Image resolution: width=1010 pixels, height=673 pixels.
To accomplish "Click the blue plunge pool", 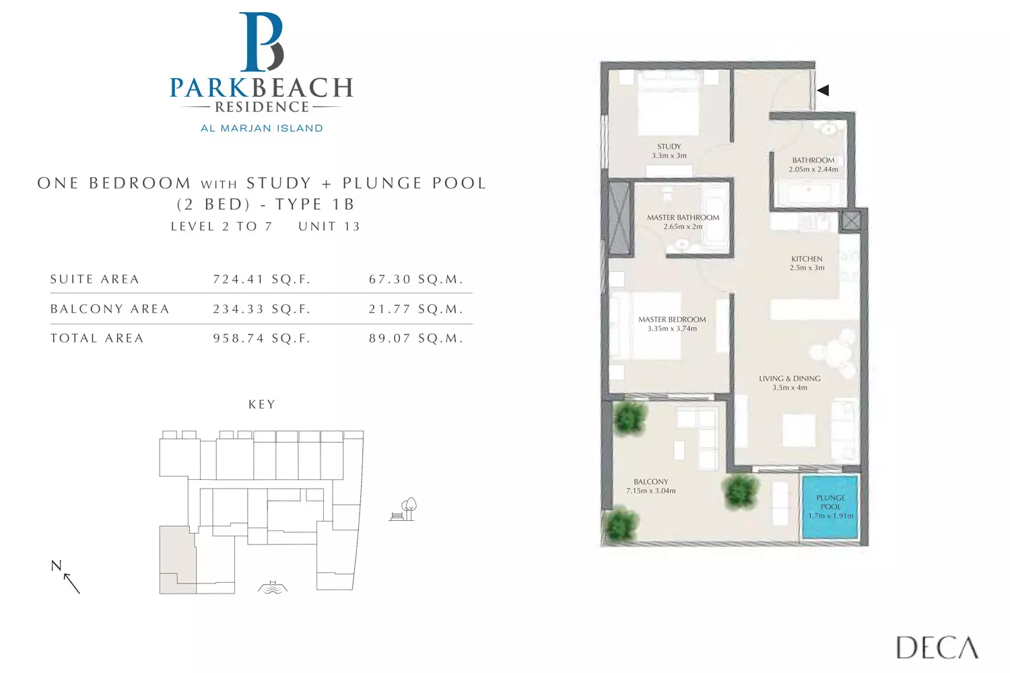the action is click(x=830, y=507).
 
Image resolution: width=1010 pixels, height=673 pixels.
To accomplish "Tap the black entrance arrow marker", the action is click(x=823, y=90).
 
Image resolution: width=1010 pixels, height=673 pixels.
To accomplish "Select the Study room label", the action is click(x=669, y=147).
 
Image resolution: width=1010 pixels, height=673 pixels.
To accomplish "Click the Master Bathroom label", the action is click(x=683, y=217).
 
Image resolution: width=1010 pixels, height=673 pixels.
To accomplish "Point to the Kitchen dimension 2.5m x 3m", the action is click(x=807, y=268).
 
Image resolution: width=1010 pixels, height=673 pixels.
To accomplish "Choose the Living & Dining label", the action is click(x=790, y=379).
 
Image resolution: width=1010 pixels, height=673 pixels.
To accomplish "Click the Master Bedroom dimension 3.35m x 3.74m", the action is click(x=672, y=328).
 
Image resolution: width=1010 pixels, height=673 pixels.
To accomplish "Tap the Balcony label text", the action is click(x=651, y=481).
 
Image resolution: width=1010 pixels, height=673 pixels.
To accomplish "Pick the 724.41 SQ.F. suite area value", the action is click(x=262, y=279).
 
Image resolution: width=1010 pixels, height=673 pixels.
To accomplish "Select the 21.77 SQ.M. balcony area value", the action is click(x=416, y=309).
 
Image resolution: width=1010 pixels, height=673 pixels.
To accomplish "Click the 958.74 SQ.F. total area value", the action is click(x=262, y=338).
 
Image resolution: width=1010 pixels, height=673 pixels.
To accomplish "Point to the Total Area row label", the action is click(x=97, y=338).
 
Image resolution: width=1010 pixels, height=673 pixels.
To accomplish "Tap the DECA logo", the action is click(x=937, y=647).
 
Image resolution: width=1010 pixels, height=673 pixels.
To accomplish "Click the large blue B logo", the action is click(x=262, y=42).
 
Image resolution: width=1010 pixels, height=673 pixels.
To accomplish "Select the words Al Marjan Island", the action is click(x=262, y=129).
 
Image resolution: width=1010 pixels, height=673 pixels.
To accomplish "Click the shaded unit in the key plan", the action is click(x=176, y=561).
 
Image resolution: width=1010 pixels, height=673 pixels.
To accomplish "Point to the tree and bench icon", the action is click(x=403, y=509).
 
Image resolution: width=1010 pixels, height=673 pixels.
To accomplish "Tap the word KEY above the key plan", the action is click(x=262, y=404).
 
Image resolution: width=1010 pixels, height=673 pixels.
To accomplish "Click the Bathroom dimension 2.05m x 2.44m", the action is click(x=813, y=170).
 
